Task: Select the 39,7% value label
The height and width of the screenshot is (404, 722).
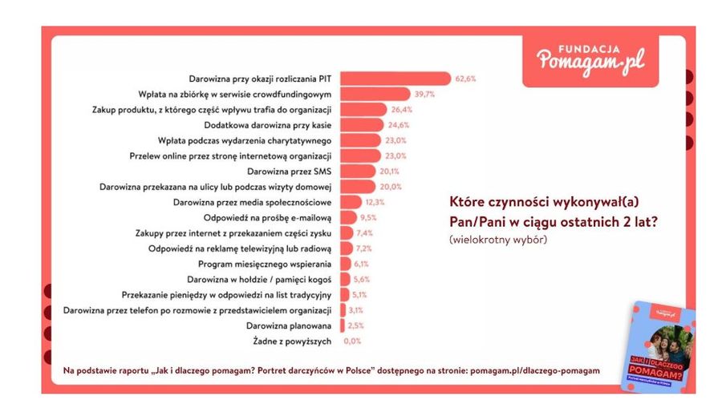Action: [424, 94]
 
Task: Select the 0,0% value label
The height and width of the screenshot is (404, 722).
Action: [352, 341]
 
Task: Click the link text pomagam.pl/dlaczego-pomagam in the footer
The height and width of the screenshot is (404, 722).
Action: [531, 371]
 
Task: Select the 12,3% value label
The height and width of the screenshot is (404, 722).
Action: [375, 202]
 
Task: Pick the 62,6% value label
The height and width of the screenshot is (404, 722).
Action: [466, 79]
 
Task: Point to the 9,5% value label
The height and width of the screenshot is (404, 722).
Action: [368, 217]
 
